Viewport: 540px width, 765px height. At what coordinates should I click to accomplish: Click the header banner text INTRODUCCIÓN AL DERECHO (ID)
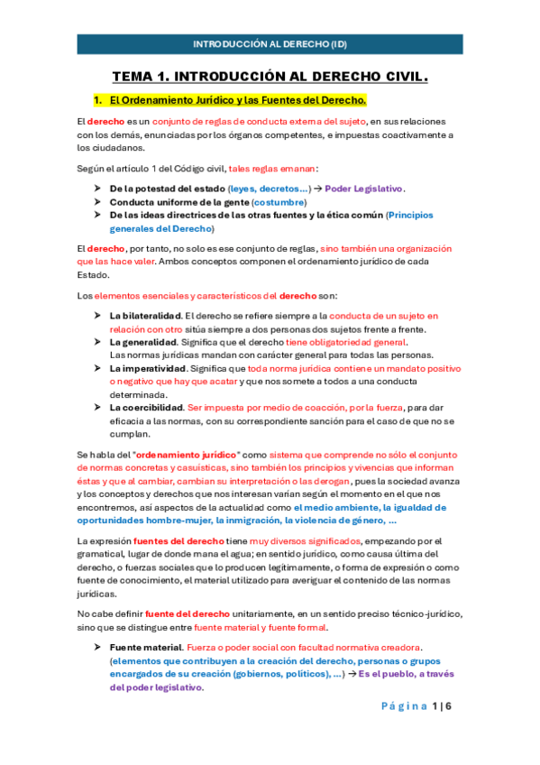[270, 43]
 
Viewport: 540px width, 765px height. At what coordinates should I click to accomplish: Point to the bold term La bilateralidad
[144, 316]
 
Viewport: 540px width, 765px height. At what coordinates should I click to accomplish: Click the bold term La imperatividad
[148, 369]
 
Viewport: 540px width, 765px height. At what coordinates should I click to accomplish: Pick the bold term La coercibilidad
[147, 408]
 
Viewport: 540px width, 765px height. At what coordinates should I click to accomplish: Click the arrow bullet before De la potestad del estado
[96, 188]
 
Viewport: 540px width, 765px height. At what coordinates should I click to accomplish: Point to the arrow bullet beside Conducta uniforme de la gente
[96, 202]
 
